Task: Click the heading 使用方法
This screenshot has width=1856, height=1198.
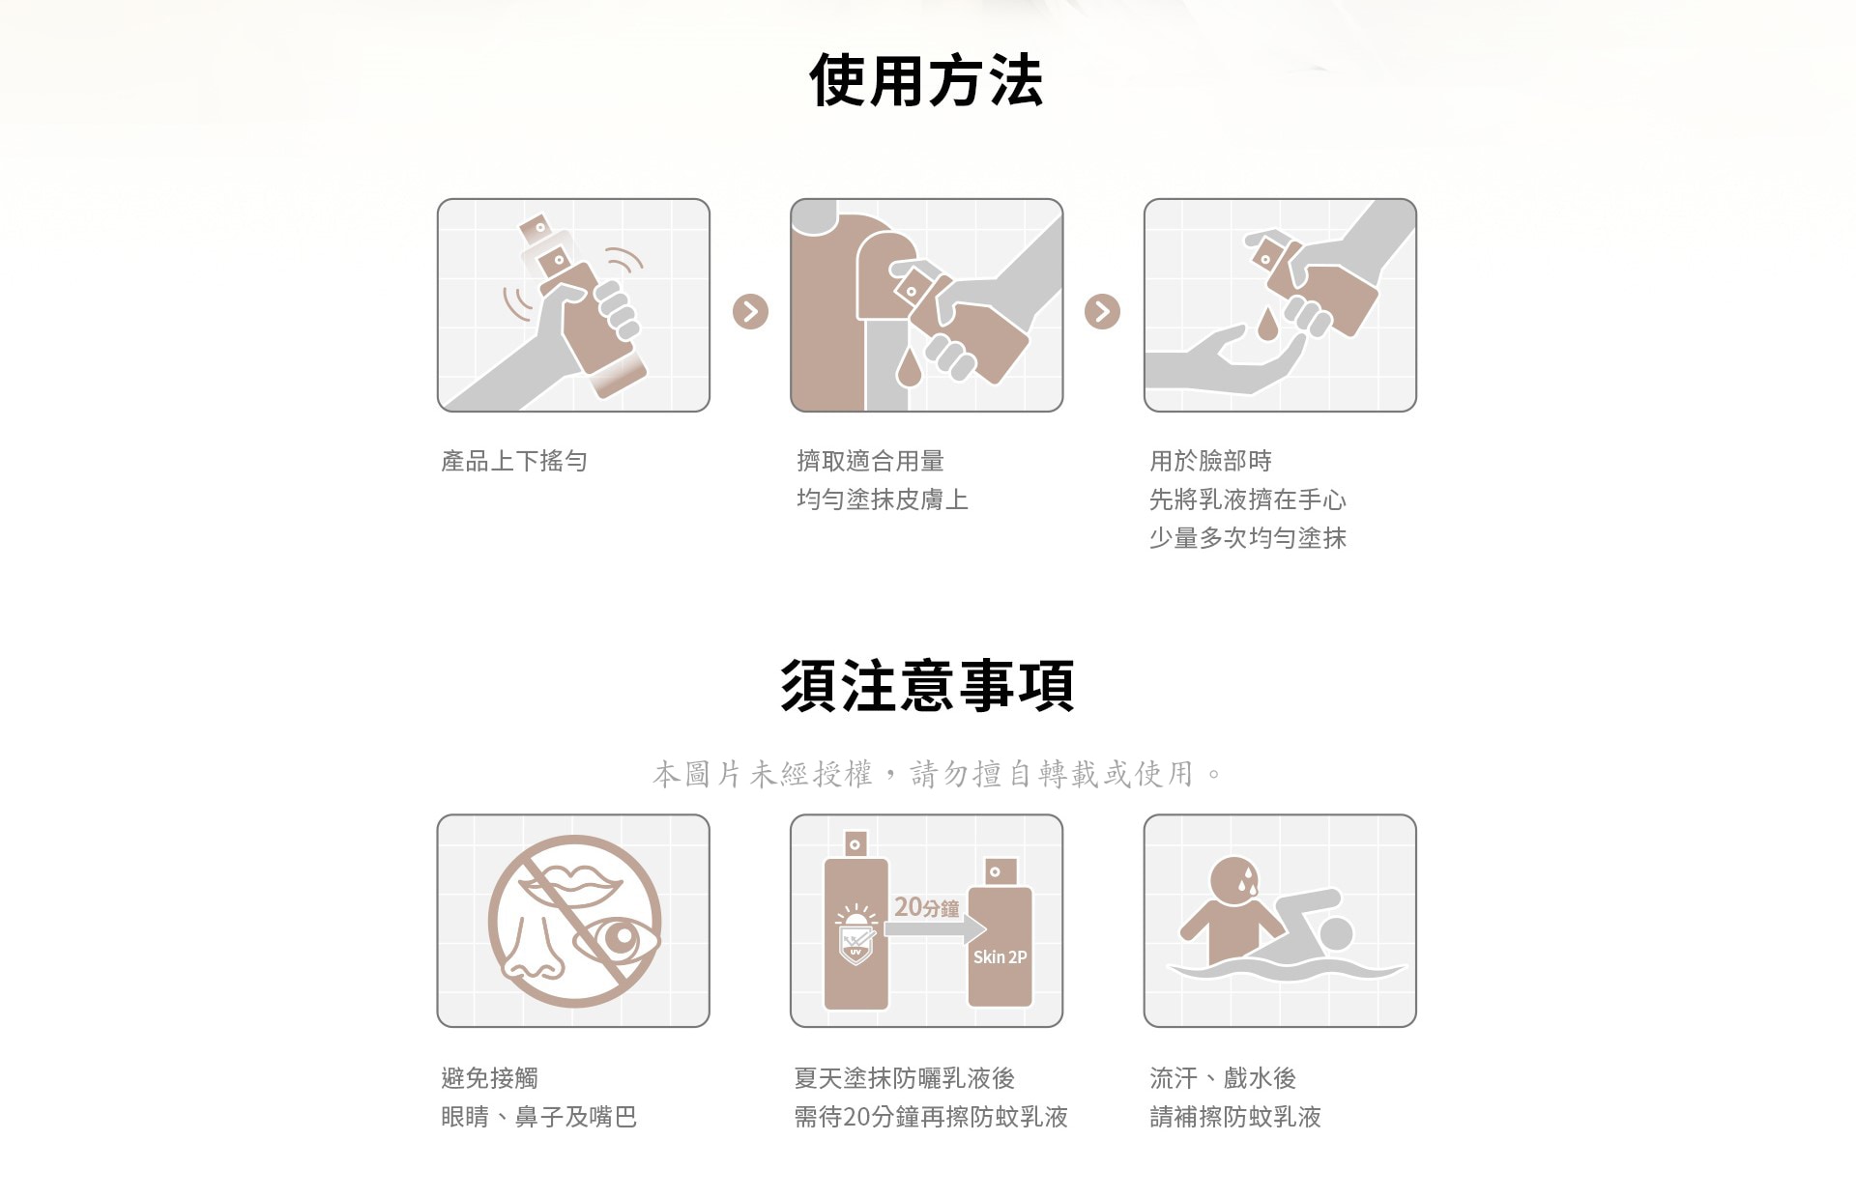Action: (926, 80)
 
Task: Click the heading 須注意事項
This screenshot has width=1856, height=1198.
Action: (927, 685)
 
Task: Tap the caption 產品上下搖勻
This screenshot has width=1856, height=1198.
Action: (514, 461)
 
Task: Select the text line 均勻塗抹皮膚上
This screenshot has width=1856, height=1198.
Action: (882, 499)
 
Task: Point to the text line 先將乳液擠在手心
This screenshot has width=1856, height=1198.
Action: (1247, 499)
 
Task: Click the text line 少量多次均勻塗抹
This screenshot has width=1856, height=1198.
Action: (1247, 538)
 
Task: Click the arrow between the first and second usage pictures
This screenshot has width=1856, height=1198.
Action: (750, 311)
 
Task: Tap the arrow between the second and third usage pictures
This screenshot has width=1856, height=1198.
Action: (1102, 311)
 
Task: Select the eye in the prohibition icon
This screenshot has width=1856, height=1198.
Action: (619, 939)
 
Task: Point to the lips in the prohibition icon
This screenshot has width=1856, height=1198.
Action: (574, 884)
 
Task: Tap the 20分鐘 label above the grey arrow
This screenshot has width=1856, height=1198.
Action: (926, 907)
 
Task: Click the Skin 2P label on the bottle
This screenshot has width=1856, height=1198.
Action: (1000, 956)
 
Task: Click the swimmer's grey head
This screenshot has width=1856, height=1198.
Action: (1336, 932)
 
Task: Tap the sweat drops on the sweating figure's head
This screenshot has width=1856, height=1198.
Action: (1248, 879)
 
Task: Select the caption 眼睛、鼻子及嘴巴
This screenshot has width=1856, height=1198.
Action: (538, 1117)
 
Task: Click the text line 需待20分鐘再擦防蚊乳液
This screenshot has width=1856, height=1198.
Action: (930, 1117)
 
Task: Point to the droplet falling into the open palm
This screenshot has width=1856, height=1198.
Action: (1267, 325)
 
